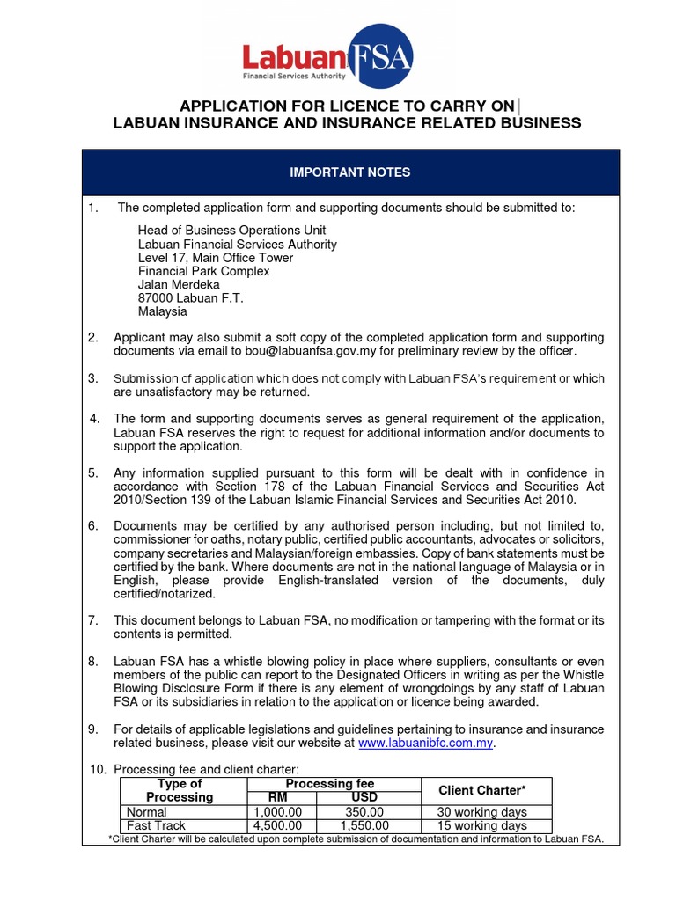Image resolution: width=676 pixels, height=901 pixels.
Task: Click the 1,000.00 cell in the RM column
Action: tap(277, 812)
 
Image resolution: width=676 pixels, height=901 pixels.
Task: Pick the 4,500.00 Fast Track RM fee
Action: tap(277, 826)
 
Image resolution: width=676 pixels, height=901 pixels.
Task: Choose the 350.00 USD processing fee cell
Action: tap(364, 812)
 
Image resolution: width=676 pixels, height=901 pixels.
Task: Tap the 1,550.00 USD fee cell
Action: tap(364, 826)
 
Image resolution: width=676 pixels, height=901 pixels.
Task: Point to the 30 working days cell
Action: tap(481, 812)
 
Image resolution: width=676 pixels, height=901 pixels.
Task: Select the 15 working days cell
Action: tap(481, 826)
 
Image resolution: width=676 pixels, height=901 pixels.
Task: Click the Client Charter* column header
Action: tap(481, 790)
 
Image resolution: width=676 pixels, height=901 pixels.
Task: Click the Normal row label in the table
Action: tap(146, 812)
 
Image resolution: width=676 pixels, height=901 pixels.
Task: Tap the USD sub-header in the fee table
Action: tap(364, 797)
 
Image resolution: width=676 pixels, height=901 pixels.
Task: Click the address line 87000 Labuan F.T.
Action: tap(190, 298)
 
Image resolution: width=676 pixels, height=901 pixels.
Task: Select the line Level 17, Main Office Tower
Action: tap(216, 258)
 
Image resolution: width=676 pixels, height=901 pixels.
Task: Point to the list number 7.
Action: tap(92, 620)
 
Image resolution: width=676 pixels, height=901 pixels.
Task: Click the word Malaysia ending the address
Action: tap(163, 311)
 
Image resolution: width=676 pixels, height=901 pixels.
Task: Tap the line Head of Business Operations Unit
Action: tap(237, 231)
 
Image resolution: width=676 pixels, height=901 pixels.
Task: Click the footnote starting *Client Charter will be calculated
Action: tap(356, 839)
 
